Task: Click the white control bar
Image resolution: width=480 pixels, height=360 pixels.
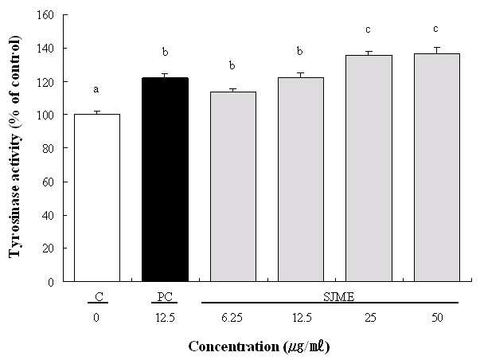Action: coord(97,198)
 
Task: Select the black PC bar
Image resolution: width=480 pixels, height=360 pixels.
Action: coord(165,179)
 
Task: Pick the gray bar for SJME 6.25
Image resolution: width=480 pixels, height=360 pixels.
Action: coord(233,186)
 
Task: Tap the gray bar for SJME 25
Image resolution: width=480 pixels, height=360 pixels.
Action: coord(369,168)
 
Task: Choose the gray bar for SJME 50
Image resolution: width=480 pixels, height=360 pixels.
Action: coord(437,167)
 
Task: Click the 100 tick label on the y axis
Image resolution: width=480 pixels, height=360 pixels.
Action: coord(45,115)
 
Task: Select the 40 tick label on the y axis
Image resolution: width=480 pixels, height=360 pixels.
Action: coord(48,215)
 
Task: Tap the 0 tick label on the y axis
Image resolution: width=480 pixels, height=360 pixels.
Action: coord(51,282)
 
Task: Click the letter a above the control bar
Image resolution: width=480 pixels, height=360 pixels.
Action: coord(96,89)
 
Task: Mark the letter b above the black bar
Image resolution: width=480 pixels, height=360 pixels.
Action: coord(165,52)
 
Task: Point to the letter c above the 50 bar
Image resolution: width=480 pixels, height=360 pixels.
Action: coord(435,29)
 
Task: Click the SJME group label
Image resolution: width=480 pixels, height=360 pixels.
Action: coord(339,297)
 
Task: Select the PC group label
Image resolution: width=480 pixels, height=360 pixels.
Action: coord(165,297)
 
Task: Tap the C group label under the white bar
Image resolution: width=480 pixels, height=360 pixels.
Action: coord(99,297)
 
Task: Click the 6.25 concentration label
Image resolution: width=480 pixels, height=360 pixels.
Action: coord(232,318)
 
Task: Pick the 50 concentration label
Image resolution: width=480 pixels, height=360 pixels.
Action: coord(437,318)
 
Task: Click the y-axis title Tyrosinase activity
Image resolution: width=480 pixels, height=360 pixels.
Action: coord(14,147)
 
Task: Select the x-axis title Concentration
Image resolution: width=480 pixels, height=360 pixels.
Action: coord(233,346)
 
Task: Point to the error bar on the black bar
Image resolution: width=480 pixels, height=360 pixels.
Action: coord(165,76)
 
